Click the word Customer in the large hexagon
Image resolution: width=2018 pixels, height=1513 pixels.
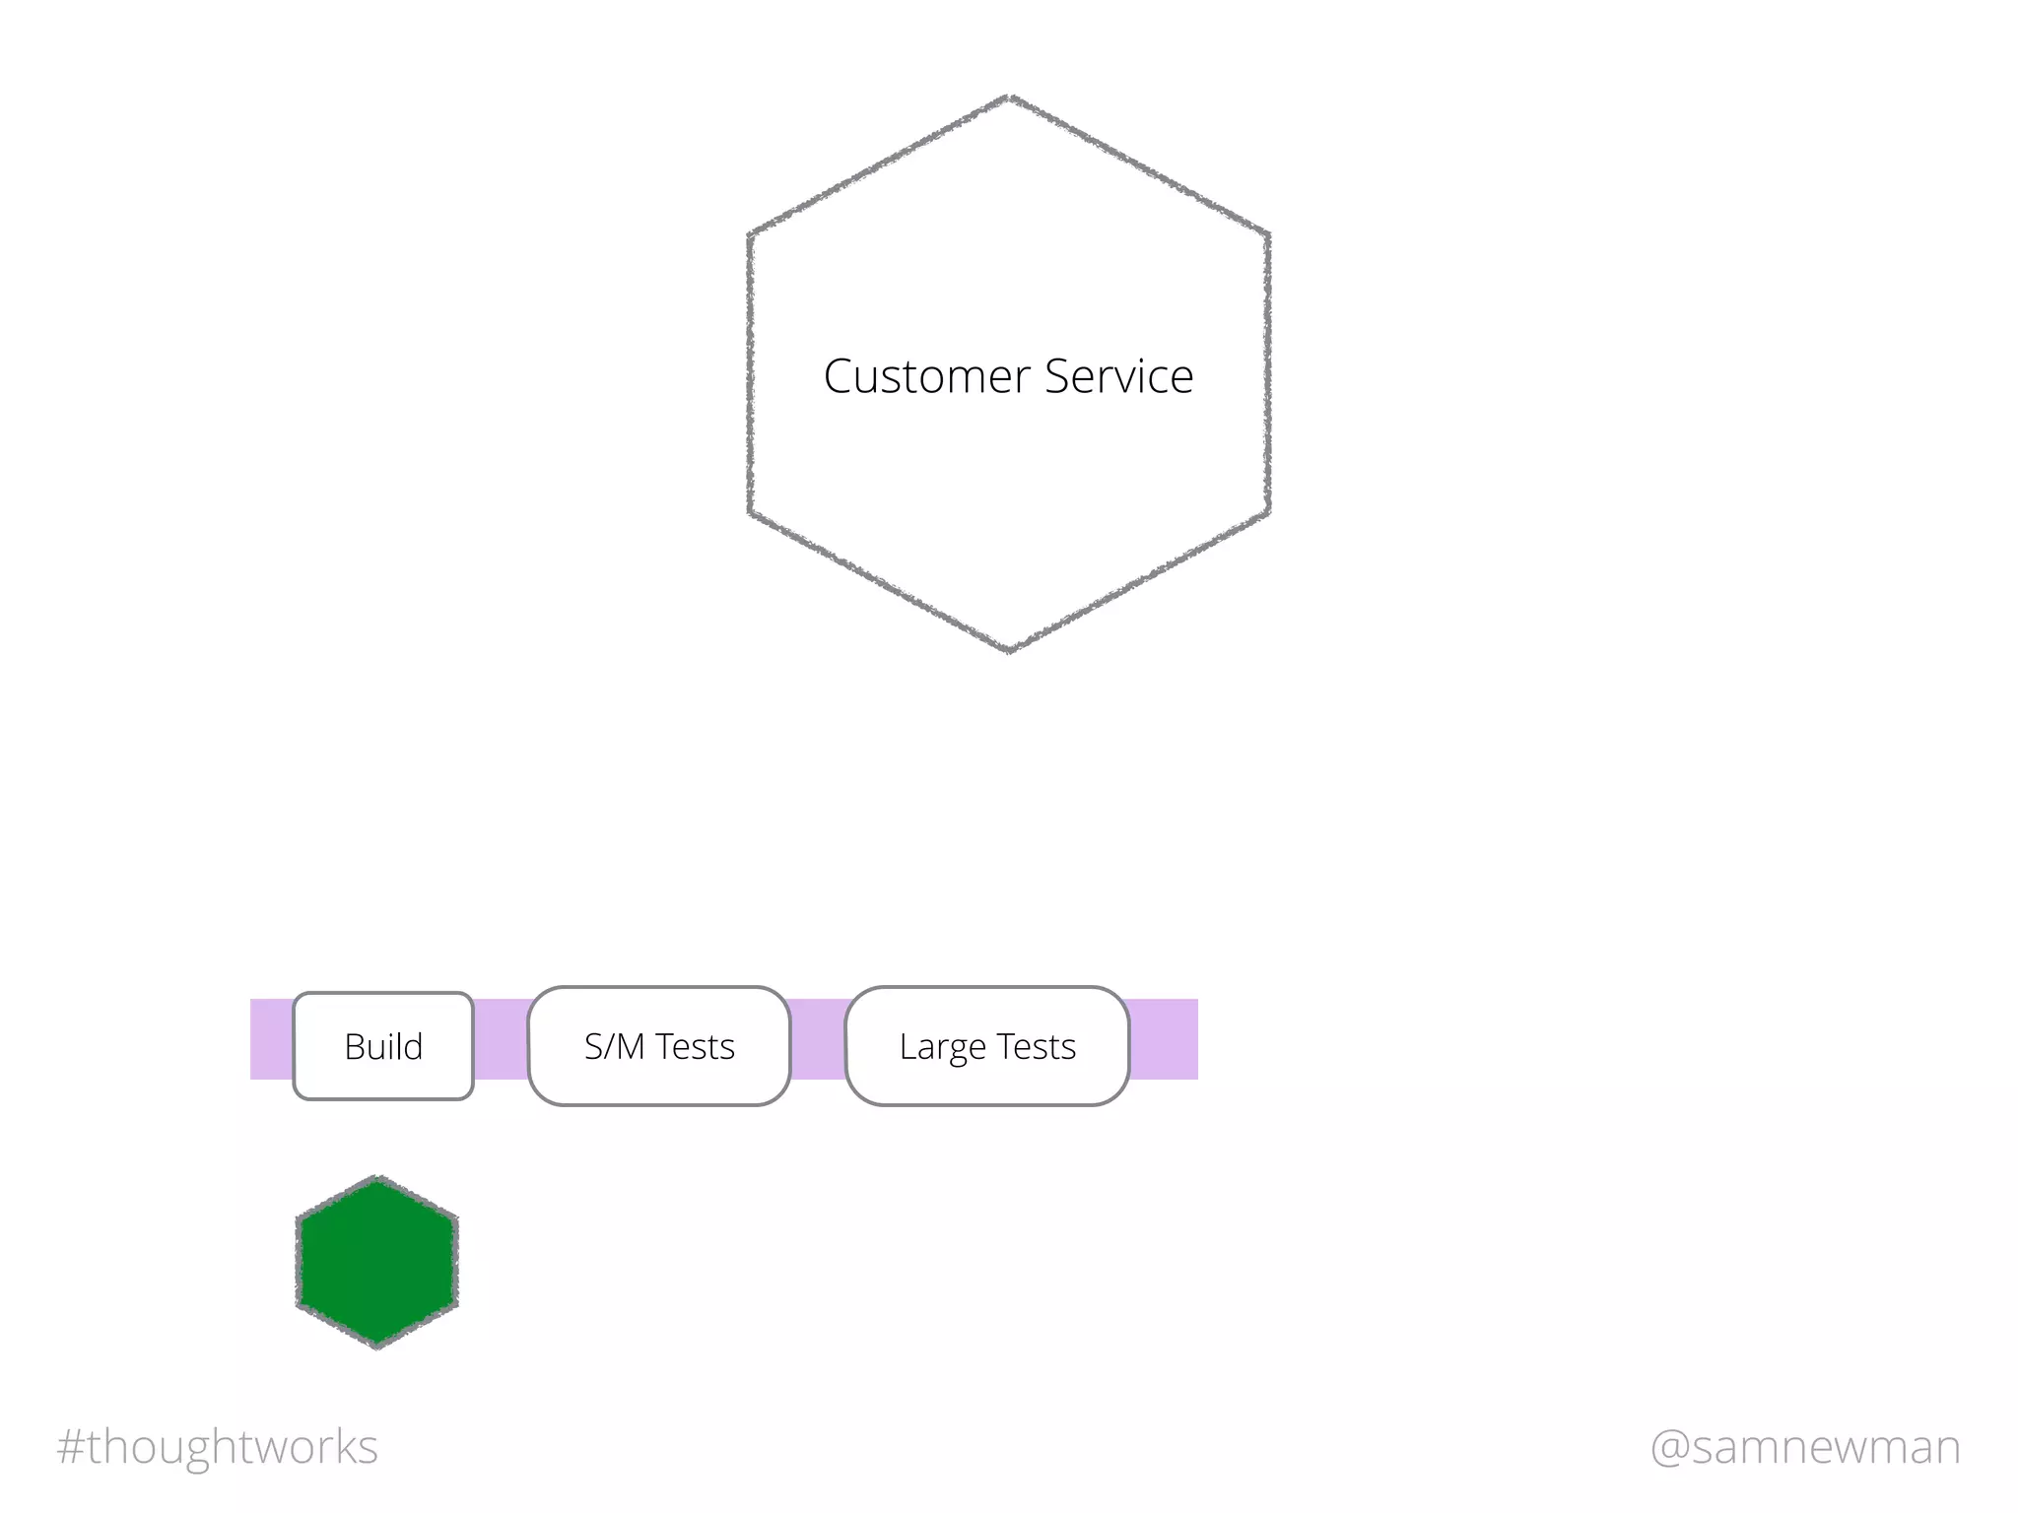tap(927, 376)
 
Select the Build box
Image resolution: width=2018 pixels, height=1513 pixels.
tap(383, 1046)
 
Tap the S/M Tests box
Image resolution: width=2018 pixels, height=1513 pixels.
tap(659, 1046)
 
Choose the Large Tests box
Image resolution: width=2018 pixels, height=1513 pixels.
tap(987, 1046)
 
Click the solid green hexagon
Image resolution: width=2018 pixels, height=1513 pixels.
tap(377, 1262)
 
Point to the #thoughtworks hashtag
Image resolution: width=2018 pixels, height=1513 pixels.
tap(218, 1447)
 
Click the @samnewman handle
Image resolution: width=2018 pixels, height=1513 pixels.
tap(1805, 1447)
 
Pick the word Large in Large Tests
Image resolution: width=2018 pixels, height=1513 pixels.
tap(942, 1047)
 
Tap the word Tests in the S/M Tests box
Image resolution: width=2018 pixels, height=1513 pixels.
tap(696, 1046)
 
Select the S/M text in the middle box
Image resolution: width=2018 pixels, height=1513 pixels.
tap(614, 1046)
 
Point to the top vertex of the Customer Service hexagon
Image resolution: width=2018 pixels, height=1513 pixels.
tap(1009, 97)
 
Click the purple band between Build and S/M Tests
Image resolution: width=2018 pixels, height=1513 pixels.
tap(501, 1039)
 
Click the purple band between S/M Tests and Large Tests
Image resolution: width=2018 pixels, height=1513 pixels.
tap(818, 1039)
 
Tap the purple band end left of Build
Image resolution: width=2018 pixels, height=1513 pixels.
tap(271, 1039)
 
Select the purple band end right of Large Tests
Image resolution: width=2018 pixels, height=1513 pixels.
tap(1164, 1039)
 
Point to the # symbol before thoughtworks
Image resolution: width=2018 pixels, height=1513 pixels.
tap(70, 1447)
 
